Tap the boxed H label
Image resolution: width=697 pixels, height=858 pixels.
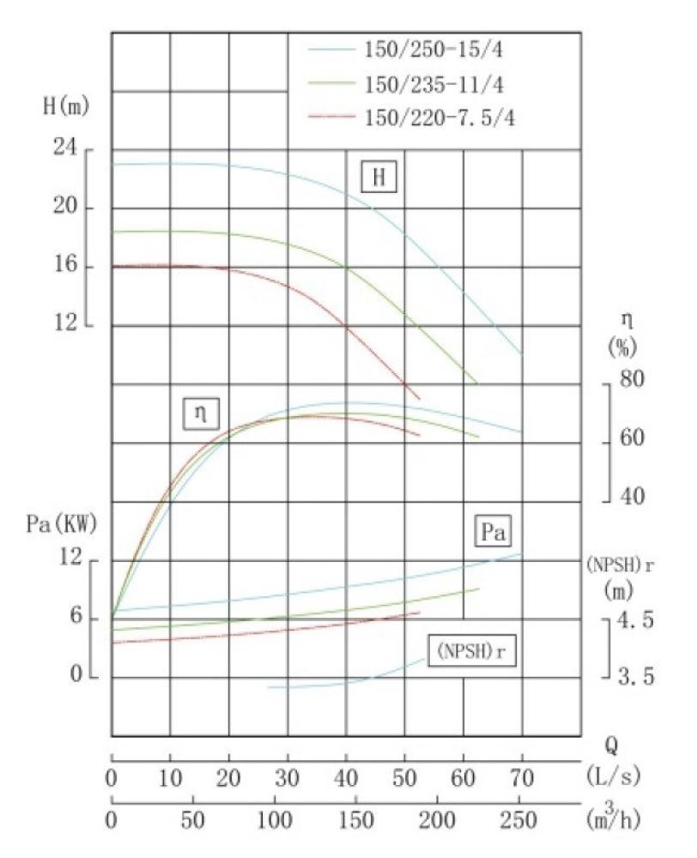(379, 178)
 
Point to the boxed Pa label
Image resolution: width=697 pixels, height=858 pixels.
(491, 534)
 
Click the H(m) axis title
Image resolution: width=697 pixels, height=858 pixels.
(65, 108)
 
